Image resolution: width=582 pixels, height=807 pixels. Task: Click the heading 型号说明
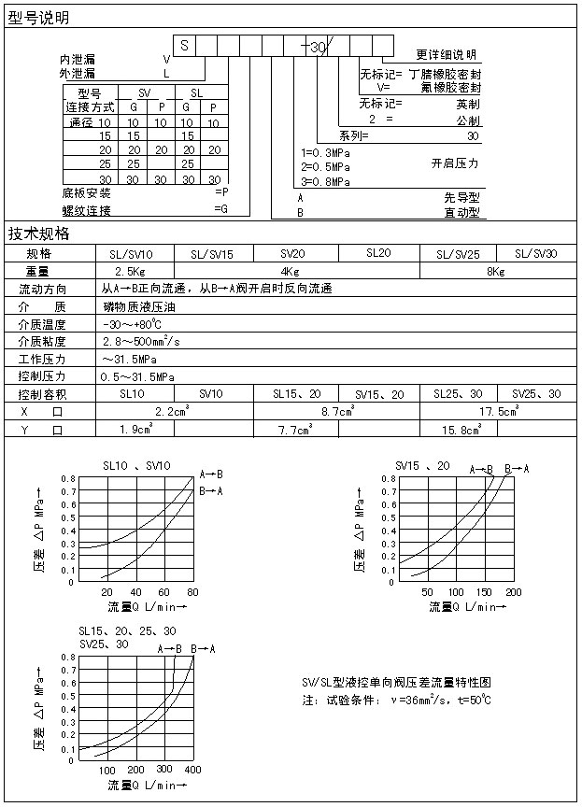pos(38,18)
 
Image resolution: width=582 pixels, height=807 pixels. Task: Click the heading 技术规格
pos(38,234)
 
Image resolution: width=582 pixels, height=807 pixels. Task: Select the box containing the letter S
pos(185,44)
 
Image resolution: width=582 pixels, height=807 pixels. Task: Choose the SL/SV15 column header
pos(212,254)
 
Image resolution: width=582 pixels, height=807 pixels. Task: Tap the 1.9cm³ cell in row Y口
pos(136,430)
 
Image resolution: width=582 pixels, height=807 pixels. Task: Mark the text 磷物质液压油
pos(138,306)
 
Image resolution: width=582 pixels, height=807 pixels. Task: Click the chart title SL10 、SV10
pos(136,466)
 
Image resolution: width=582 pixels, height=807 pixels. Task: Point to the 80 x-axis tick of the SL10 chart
pos(192,593)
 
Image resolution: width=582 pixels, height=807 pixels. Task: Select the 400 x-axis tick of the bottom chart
pos(192,770)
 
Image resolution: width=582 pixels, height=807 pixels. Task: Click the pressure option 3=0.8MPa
pos(325,181)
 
